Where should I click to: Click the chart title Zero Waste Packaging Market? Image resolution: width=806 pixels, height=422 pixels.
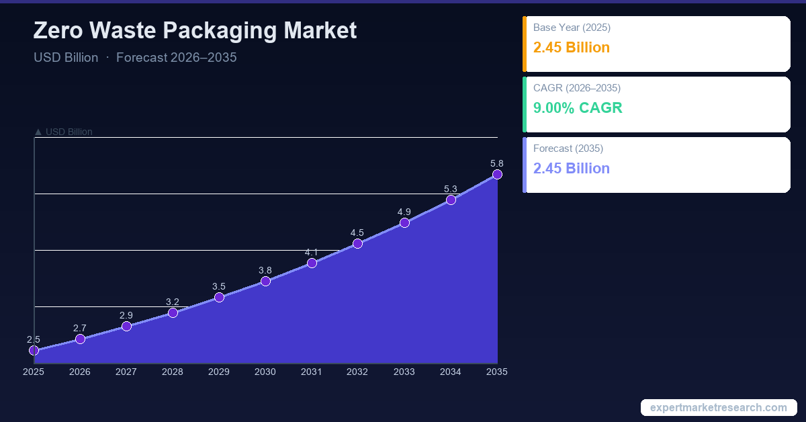coord(195,31)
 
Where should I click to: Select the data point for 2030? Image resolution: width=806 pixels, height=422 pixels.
coord(265,281)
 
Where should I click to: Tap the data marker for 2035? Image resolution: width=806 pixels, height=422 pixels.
coord(497,174)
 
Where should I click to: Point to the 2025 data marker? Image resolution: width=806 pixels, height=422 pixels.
coord(34,350)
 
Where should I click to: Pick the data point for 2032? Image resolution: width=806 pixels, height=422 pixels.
coord(358,243)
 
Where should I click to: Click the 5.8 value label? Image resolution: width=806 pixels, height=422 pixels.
coord(497,163)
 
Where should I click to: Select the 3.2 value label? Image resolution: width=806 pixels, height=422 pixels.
coord(173,302)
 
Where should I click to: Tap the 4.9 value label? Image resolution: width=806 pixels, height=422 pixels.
coord(404,212)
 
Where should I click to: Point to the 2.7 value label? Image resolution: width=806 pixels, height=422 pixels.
coord(80,328)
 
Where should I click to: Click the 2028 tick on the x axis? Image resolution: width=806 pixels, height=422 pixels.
coord(173,372)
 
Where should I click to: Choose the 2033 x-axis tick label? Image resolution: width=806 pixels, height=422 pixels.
coord(404,372)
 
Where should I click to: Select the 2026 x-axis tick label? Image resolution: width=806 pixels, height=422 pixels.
coord(80,372)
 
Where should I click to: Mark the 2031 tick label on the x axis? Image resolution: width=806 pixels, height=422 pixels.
coord(312,372)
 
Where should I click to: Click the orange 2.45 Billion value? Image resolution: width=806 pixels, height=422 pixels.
coord(572,48)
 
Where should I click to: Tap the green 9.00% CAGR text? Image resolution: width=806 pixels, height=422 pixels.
coord(578,108)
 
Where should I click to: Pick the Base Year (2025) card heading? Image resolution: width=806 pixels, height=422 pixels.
coord(572,28)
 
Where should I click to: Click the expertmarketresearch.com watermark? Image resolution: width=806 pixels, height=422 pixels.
coord(719,407)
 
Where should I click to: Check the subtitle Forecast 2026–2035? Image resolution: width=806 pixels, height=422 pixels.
coord(177,57)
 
